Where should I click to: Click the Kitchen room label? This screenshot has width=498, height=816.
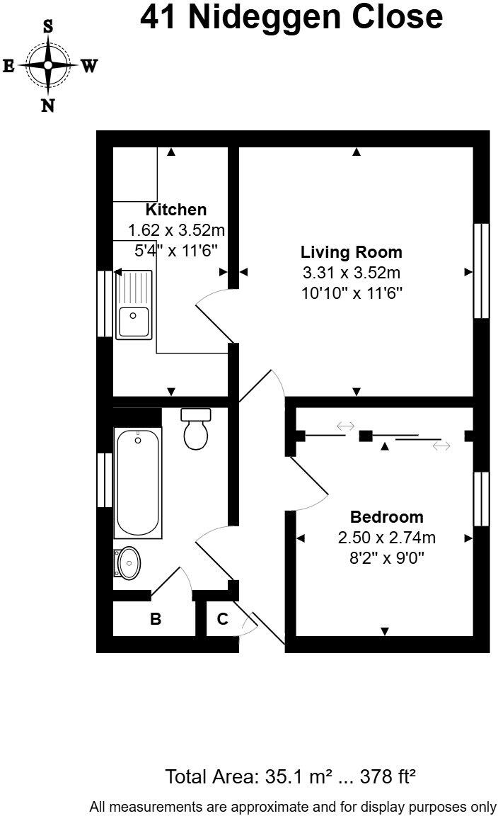(x=176, y=210)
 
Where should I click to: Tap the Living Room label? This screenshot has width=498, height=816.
(x=351, y=252)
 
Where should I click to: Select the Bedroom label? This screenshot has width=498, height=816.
(x=386, y=517)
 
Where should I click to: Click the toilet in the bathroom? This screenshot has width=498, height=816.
(x=196, y=429)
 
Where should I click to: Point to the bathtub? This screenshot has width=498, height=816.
(x=138, y=484)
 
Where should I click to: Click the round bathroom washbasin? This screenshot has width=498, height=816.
(x=128, y=564)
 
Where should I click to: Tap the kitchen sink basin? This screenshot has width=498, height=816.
(x=134, y=322)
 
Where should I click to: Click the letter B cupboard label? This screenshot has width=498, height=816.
(x=156, y=619)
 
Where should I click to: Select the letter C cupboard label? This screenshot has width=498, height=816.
(x=222, y=619)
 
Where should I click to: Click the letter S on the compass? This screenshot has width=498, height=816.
(x=48, y=27)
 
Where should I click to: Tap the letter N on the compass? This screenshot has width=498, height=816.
(x=48, y=106)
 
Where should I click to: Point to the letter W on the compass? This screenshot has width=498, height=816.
(x=88, y=67)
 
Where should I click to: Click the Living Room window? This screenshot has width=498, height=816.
(x=481, y=271)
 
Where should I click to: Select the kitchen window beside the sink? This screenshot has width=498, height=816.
(x=105, y=303)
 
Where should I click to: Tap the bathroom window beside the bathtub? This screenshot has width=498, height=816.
(x=105, y=480)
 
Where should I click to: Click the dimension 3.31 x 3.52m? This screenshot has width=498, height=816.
(x=351, y=273)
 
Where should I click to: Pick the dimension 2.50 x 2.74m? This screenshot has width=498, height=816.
(x=386, y=538)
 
